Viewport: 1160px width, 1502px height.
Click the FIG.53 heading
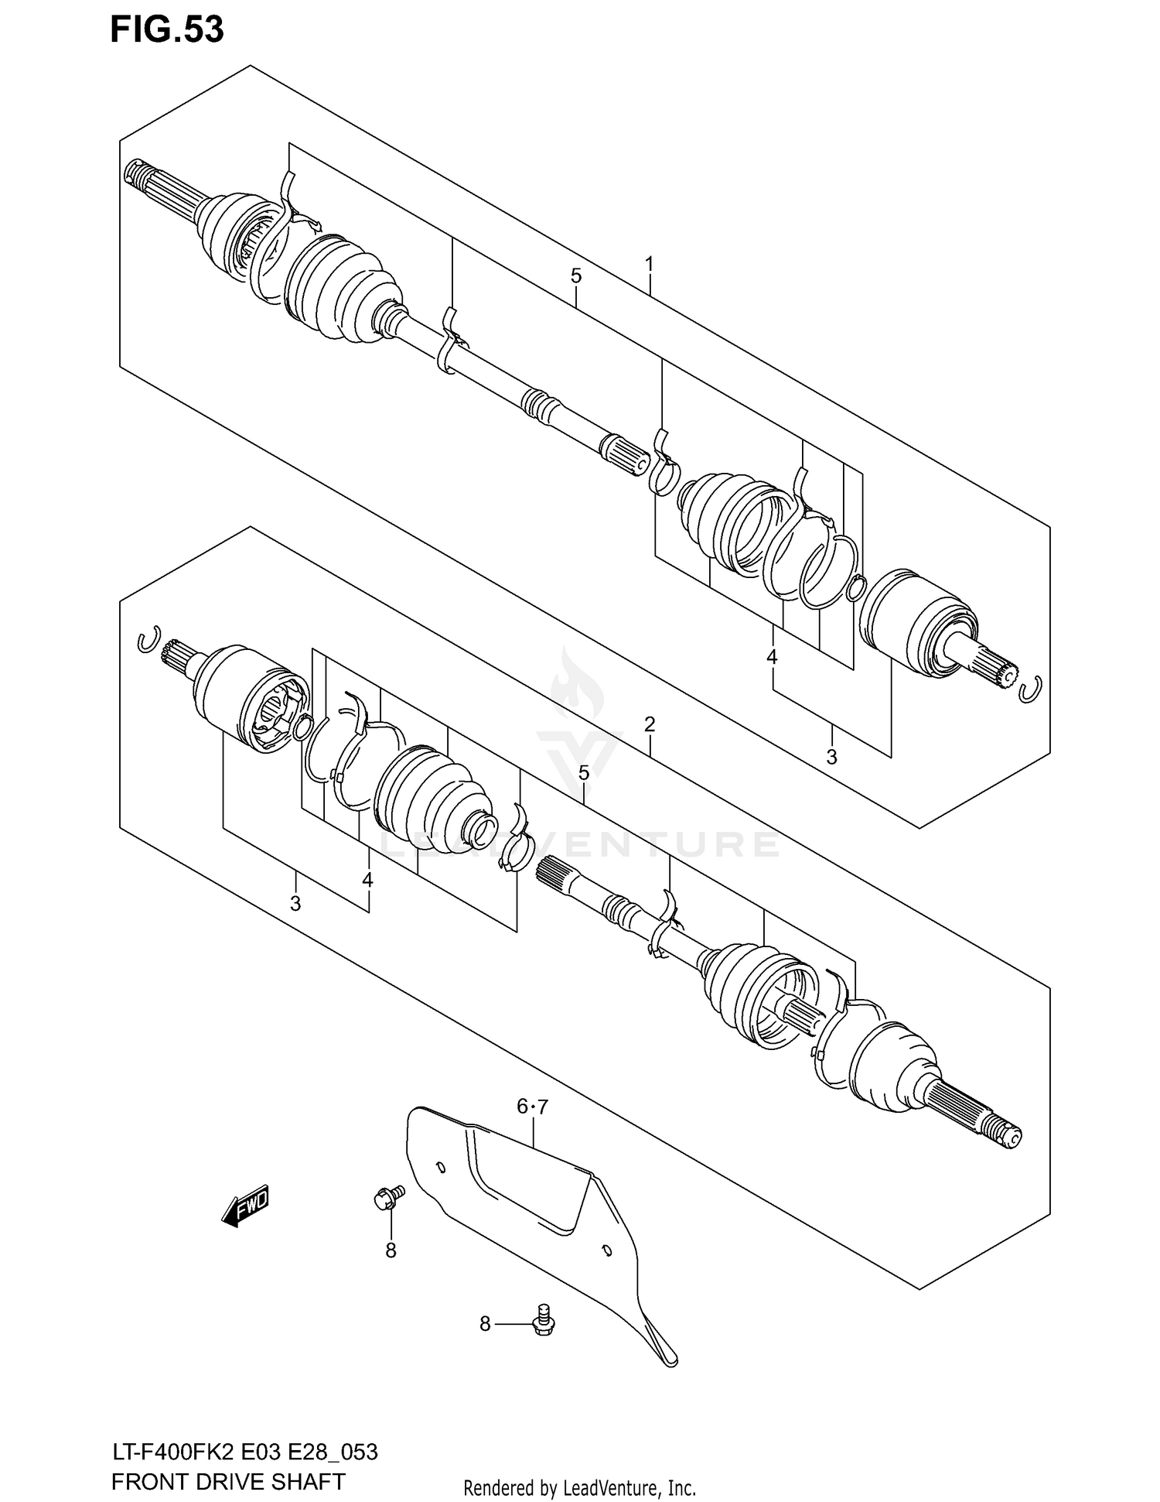pos(167,30)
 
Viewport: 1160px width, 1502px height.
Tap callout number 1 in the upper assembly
pos(650,265)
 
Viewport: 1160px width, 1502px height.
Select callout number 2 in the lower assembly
pos(650,724)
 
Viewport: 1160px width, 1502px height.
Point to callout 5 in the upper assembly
pos(576,275)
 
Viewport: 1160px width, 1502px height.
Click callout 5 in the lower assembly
pos(584,773)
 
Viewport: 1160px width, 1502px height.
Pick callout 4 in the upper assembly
pos(772,658)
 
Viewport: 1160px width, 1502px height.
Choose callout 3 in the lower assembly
pos(295,903)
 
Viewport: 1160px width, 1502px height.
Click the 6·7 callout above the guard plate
pos(532,1107)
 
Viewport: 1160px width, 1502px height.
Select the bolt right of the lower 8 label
pos(544,1321)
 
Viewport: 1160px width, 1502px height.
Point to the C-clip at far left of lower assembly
pos(148,639)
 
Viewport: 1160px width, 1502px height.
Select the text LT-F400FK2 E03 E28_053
pos(244,1452)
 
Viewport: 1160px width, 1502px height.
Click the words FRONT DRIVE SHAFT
pos(228,1481)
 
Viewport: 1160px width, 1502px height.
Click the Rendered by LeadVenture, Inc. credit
pos(579,1487)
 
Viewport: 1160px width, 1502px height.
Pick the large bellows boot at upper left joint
pos(340,290)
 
